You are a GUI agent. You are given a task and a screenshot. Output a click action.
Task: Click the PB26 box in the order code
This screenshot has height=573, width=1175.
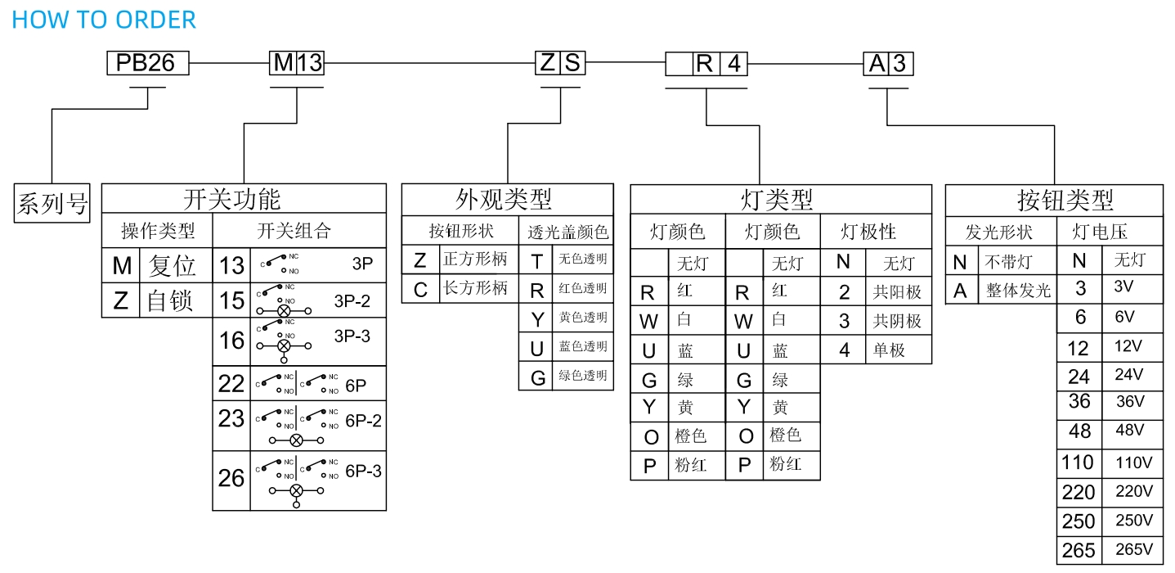pos(147,63)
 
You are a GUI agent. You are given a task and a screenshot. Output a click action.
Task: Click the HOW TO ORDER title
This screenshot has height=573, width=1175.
pos(104,20)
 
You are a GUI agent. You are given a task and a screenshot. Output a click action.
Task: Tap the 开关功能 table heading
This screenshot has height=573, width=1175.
pos(243,198)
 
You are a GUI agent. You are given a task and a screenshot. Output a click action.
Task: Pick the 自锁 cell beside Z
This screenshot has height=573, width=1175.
pos(170,301)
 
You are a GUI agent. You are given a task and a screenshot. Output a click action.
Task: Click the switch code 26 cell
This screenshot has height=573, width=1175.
pos(231,478)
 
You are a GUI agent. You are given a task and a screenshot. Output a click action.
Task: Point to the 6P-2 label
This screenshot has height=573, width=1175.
pos(363,421)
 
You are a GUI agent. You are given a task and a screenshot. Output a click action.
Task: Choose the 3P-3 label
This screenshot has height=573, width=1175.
pos(352,336)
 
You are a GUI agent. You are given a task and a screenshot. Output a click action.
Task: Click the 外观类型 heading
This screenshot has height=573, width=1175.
pos(507,198)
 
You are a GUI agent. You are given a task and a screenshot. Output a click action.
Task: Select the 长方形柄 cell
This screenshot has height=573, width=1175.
pos(475,288)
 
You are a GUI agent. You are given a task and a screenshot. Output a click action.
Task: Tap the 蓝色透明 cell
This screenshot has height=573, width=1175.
pos(583,346)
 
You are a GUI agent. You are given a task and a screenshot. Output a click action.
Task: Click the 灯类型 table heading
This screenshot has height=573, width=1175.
pos(780,199)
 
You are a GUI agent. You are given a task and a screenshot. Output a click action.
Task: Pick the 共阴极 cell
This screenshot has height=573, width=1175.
pos(897,321)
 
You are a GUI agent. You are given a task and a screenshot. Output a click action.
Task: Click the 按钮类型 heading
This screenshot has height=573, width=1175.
pos(1054,199)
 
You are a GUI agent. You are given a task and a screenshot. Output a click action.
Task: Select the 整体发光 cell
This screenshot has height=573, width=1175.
pos(1017,290)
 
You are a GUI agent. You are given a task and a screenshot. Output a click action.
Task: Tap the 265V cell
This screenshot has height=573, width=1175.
pos(1134,549)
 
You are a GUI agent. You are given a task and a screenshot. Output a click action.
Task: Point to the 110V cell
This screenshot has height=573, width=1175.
pos(1133,462)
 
